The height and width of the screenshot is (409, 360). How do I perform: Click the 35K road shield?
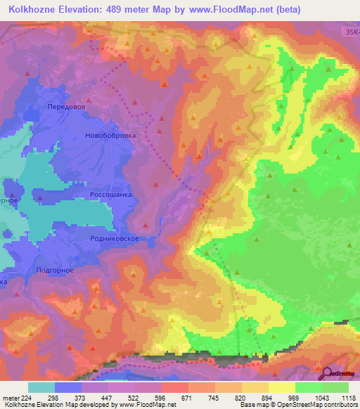click(x=351, y=32)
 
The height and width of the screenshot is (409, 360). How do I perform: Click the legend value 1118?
click(x=347, y=397)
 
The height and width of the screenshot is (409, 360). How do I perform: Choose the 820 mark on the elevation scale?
click(x=241, y=397)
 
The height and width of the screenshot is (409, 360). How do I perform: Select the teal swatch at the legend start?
click(x=41, y=387)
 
